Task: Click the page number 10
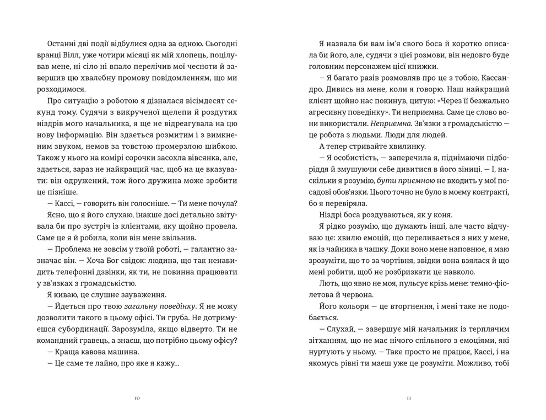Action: click(x=137, y=398)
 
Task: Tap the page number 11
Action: click(x=408, y=398)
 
